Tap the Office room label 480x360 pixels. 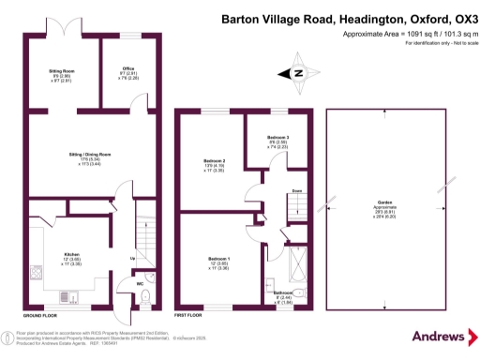[129, 68]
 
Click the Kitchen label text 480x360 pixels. [71, 254]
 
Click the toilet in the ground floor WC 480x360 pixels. [146, 297]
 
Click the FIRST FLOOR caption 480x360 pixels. [189, 315]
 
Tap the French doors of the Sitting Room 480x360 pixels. [62, 34]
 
